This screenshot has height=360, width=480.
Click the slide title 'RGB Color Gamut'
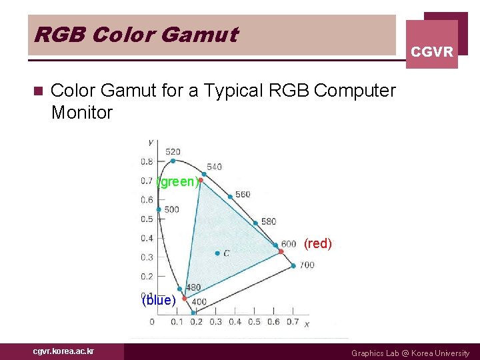pyautogui.click(x=135, y=35)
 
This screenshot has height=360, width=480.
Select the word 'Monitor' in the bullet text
pyautogui.click(x=82, y=112)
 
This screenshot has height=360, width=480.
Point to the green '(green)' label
pyautogui.click(x=177, y=181)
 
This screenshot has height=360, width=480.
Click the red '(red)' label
pyautogui.click(x=317, y=243)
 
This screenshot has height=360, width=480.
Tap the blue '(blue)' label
pyautogui.click(x=159, y=300)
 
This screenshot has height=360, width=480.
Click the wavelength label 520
pyautogui.click(x=173, y=151)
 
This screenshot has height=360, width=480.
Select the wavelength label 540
pyautogui.click(x=214, y=167)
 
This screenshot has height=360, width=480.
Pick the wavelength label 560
pyautogui.click(x=243, y=194)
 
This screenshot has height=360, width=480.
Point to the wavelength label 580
pyautogui.click(x=268, y=221)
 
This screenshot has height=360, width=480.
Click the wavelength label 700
pyautogui.click(x=307, y=265)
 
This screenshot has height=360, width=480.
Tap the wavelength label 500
pyautogui.click(x=171, y=209)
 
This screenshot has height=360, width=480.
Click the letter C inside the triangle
pyautogui.click(x=227, y=253)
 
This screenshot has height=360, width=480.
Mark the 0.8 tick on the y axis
pyautogui.click(x=146, y=161)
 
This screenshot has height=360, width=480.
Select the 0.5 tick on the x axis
pyautogui.click(x=254, y=322)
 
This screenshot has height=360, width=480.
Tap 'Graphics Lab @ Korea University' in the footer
pyautogui.click(x=410, y=353)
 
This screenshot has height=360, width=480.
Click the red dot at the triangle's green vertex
pyautogui.click(x=201, y=180)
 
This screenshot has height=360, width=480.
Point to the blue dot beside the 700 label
pyautogui.click(x=293, y=265)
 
